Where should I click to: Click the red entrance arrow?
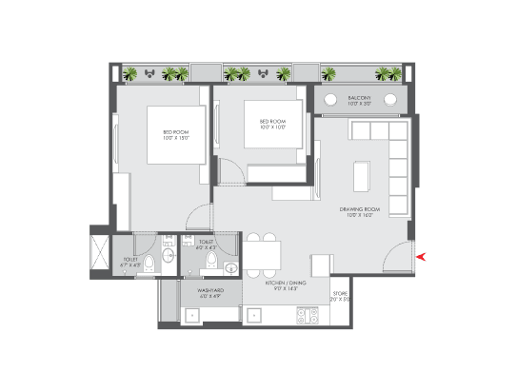(423, 255)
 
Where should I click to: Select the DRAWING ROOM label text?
(359, 211)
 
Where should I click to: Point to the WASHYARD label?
(210, 292)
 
